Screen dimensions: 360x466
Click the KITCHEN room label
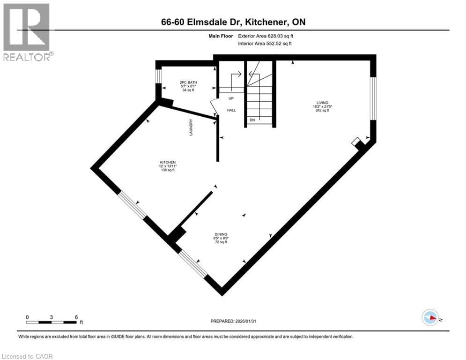168,162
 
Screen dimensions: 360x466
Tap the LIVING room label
322,103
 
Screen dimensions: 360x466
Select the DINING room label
221,234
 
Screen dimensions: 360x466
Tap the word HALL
231,110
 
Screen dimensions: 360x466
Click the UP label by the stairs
231,98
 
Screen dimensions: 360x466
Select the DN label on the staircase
252,120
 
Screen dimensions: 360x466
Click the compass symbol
429,317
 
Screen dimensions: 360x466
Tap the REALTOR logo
27,32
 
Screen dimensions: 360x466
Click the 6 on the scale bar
76,316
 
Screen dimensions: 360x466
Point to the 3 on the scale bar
52,316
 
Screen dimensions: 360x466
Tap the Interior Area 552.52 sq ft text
266,44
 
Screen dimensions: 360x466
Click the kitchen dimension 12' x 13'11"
168,166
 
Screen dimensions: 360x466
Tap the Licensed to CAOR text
27,356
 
